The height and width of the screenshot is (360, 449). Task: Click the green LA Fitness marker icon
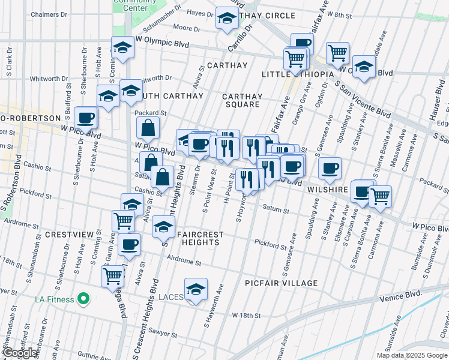pos(84,299)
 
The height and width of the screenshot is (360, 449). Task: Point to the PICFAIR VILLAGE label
pos(281,283)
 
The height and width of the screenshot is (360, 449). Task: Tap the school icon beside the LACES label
pos(196,289)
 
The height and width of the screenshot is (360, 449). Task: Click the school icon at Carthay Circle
pos(227,19)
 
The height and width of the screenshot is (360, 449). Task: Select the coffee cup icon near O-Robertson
pos(85,118)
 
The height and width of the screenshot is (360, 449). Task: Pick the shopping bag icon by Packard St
pos(148,128)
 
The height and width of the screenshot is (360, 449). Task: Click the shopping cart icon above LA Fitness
pos(113,275)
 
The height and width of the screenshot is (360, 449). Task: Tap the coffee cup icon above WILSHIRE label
pos(329,169)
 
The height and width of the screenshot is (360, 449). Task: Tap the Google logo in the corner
pos(21,353)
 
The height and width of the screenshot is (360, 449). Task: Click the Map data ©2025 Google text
pos(412,355)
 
